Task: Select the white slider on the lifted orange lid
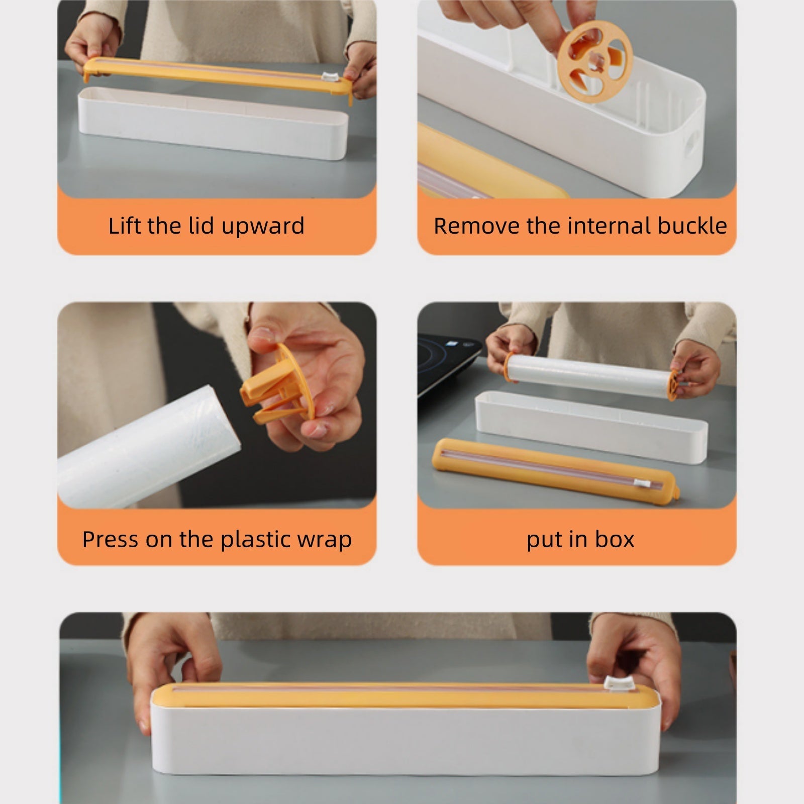point(330,77)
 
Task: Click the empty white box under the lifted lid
point(214,123)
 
